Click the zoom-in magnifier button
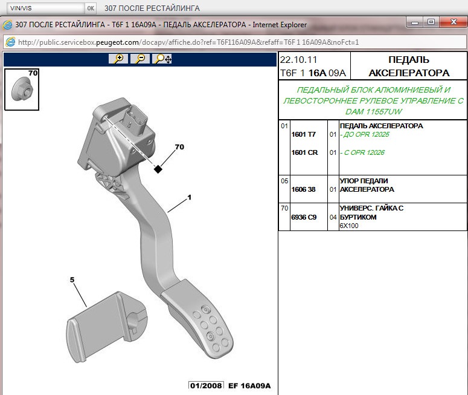click(118, 59)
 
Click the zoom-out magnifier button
click(140, 59)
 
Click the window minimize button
click(415, 22)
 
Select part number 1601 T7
click(304, 134)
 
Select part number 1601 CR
click(304, 152)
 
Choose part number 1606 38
click(303, 189)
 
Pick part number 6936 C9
click(304, 217)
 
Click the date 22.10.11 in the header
click(298, 60)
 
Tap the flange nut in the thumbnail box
click(22, 90)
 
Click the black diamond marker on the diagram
click(158, 169)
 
